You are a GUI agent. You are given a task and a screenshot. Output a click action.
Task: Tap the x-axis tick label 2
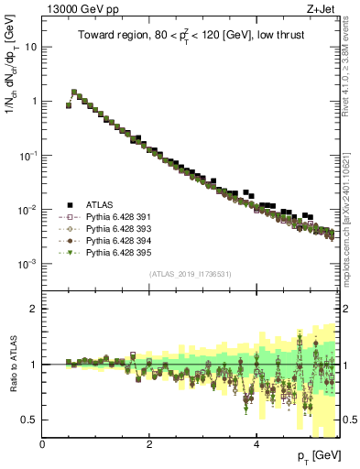point(149,444)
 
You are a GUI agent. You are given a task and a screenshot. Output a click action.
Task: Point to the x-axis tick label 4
point(256,444)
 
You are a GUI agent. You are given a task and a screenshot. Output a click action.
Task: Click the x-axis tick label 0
point(43,444)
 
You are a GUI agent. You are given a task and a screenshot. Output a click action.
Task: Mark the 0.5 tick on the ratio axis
point(30,420)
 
